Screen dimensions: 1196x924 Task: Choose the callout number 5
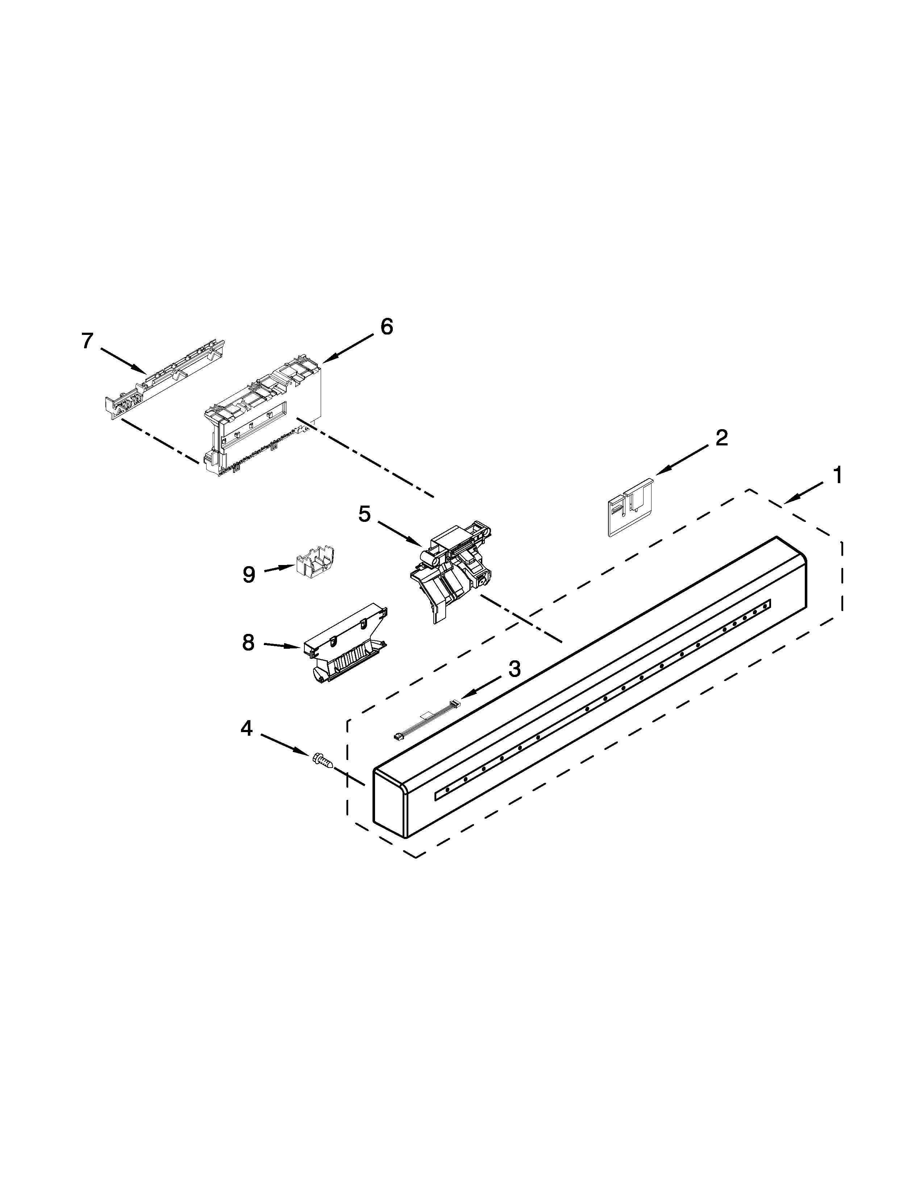[x=365, y=514]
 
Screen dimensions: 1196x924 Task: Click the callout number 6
[x=387, y=327]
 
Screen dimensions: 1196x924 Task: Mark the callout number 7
[x=88, y=341]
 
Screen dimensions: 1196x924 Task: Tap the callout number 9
[x=249, y=574]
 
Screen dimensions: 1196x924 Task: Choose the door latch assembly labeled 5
[x=451, y=569]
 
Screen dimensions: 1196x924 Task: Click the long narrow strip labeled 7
[x=164, y=378]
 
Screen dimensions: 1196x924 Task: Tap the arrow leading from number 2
[x=684, y=458]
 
